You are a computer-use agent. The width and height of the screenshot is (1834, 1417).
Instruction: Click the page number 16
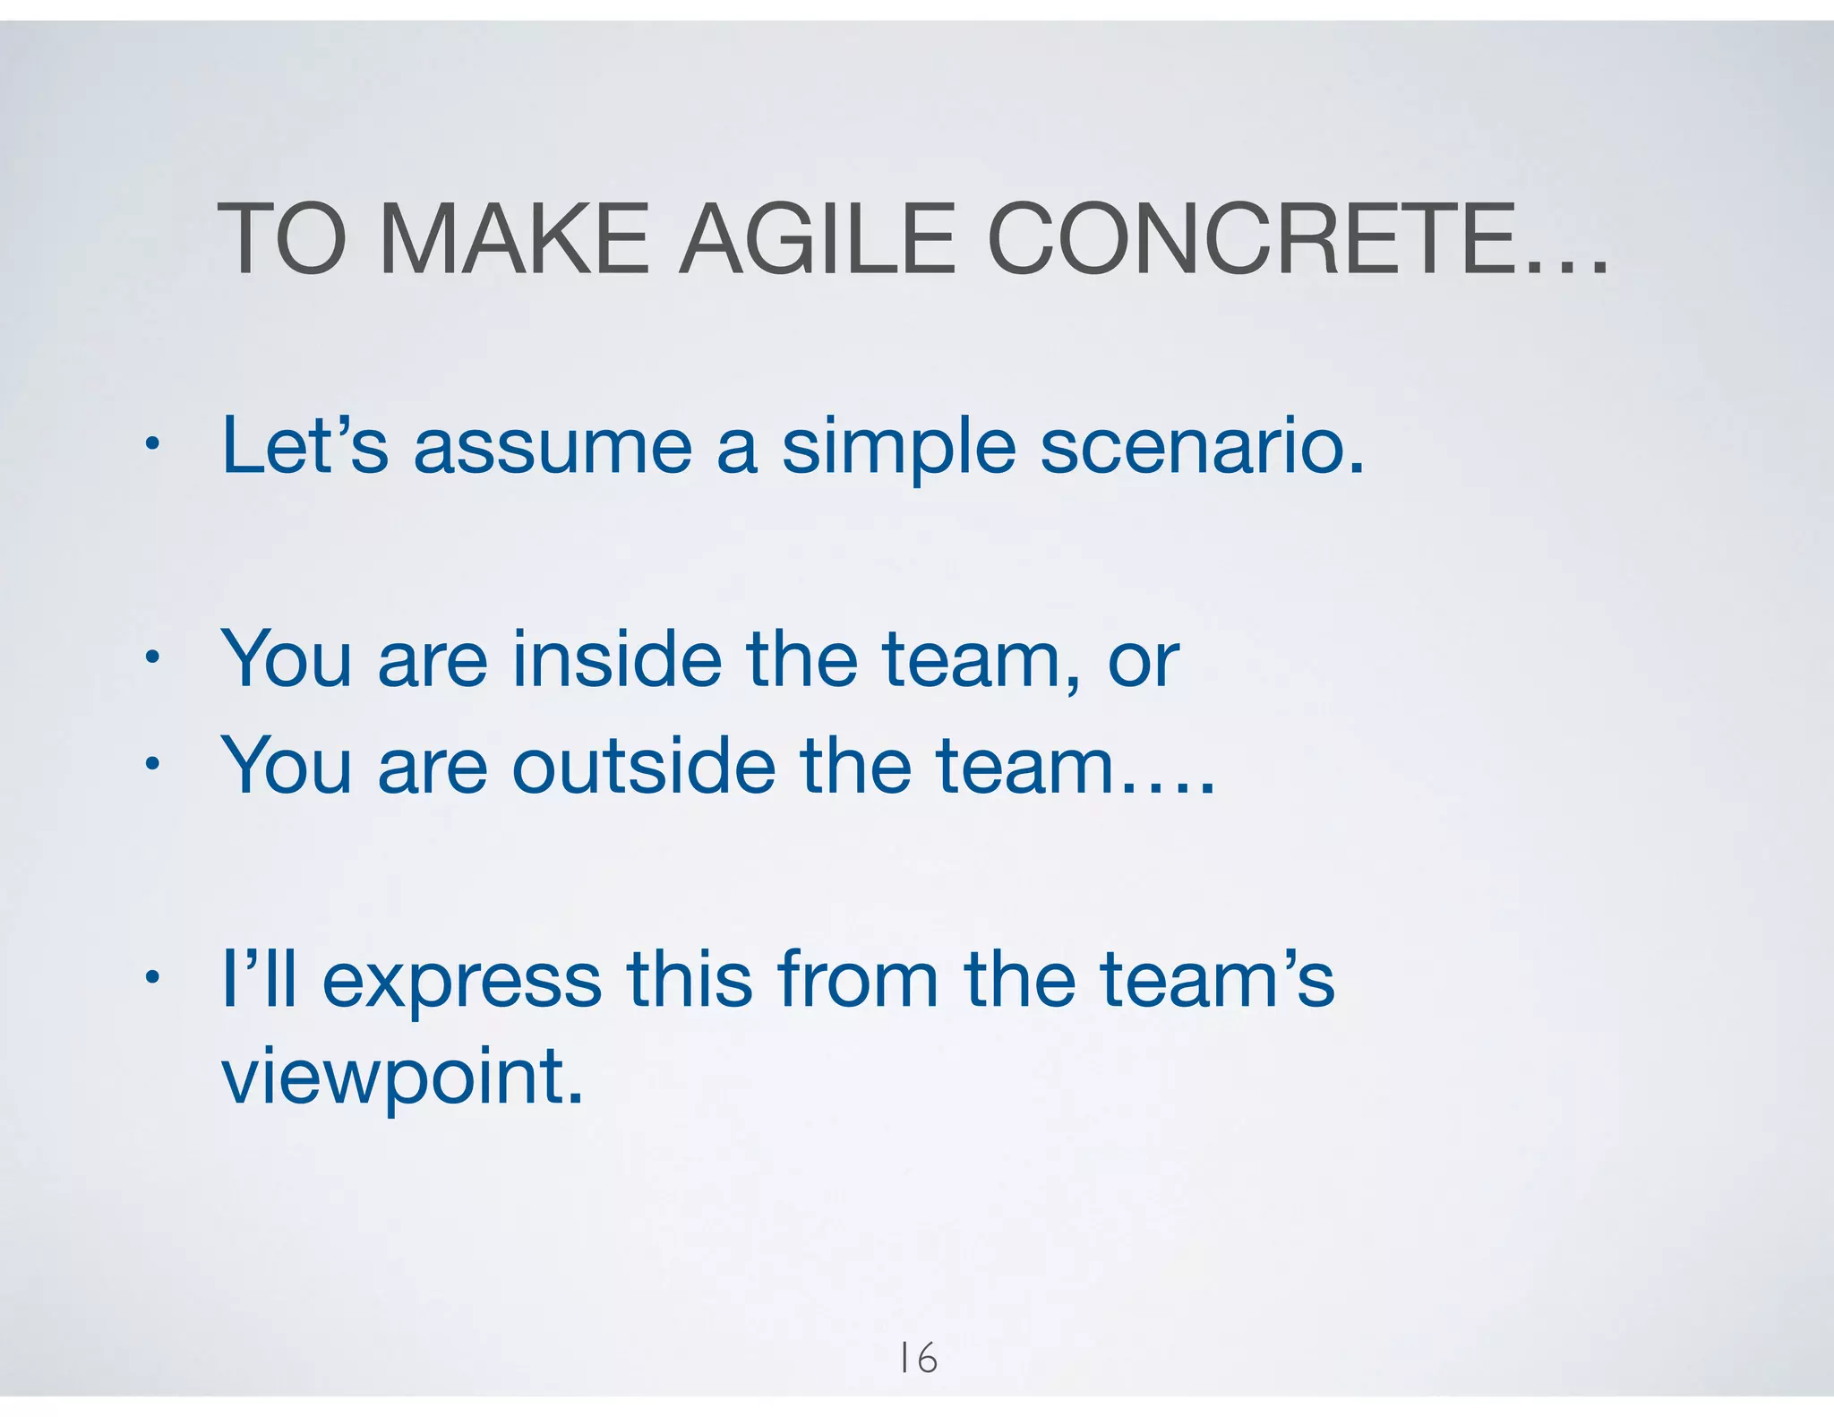pos(918,1358)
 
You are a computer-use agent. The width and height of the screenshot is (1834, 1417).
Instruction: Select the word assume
pos(553,448)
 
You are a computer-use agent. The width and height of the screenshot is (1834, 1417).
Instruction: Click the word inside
pos(617,659)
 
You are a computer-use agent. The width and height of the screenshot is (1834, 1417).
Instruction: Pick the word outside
pos(643,766)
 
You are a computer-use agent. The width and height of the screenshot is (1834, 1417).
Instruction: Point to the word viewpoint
pos(402,1079)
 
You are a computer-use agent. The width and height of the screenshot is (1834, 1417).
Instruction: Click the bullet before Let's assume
pos(153,443)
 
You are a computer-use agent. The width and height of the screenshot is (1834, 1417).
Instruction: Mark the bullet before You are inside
pos(153,657)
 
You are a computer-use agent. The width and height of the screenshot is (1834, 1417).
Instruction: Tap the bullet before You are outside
pos(153,764)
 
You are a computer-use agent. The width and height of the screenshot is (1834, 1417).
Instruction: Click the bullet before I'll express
pos(153,977)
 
